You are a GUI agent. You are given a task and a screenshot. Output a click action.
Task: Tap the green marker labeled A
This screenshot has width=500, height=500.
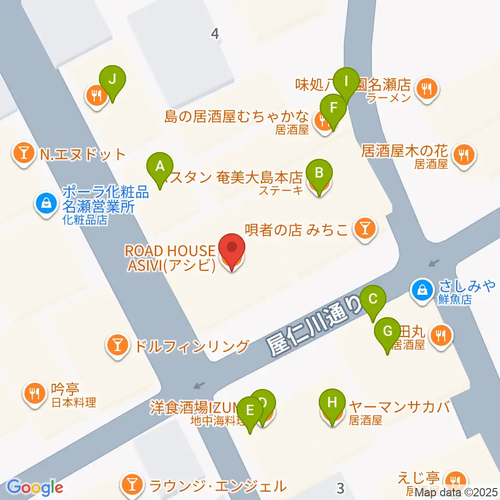tap(160, 167)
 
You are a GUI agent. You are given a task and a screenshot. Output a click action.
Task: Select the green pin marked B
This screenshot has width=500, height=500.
tap(319, 172)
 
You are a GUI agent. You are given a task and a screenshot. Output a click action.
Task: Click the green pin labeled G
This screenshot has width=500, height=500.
tap(387, 332)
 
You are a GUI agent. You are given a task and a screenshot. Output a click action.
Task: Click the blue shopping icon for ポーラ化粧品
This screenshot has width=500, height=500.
tap(47, 202)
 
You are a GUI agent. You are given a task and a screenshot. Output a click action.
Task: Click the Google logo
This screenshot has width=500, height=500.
tap(35, 488)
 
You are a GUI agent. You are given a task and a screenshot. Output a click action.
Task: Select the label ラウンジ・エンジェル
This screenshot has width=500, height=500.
tap(218, 485)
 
